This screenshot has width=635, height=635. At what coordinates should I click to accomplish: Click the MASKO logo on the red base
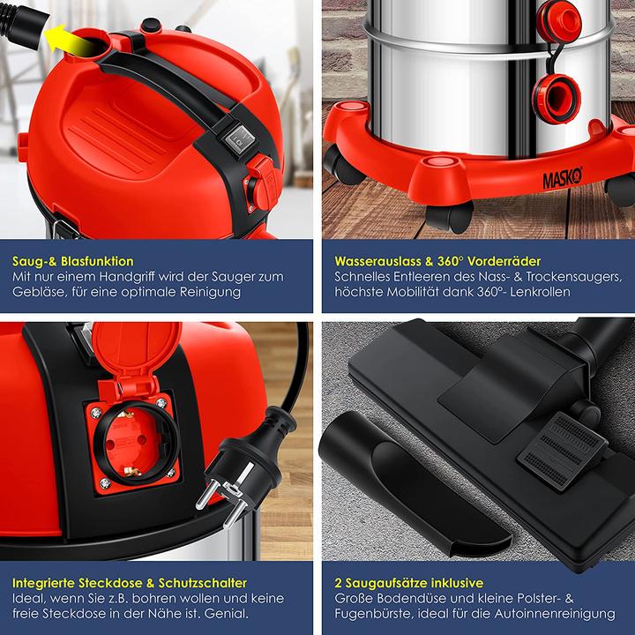pos(563,177)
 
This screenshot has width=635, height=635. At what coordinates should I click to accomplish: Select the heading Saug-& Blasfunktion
pos(73,261)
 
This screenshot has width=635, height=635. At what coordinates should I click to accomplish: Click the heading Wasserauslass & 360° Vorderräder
pos(437,261)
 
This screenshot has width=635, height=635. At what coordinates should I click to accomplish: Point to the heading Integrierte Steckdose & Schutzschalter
pos(130,583)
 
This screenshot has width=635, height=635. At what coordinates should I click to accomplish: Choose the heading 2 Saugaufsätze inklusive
pos(409,583)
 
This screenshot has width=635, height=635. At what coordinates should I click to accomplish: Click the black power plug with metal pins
pos(246,466)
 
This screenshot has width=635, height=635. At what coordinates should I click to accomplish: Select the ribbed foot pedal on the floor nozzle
pos(562,452)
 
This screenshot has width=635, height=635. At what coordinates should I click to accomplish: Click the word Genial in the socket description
pos(226,614)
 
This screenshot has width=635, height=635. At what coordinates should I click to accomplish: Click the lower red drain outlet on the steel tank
pos(556,99)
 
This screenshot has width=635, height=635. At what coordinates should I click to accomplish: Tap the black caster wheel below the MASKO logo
pos(450,217)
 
